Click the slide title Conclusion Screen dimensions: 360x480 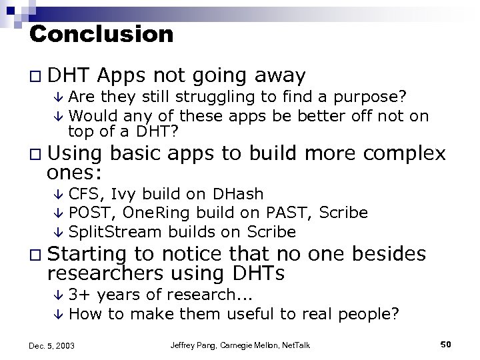(x=101, y=33)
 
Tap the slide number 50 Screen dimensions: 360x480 (x=446, y=344)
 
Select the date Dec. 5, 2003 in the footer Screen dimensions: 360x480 (x=52, y=345)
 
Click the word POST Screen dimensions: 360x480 (x=85, y=213)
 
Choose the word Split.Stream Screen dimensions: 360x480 (x=106, y=231)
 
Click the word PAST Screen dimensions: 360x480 (x=288, y=213)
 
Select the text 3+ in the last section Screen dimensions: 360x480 (x=79, y=295)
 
